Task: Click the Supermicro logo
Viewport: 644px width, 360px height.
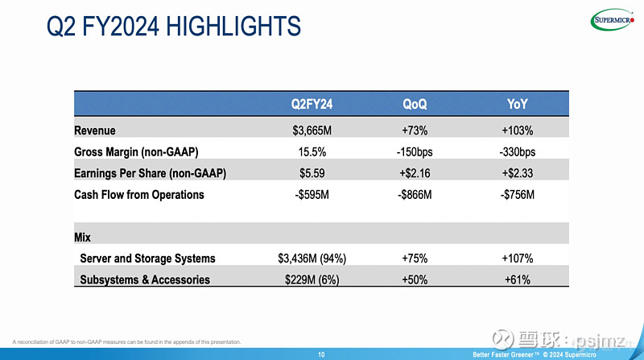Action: pos(614,20)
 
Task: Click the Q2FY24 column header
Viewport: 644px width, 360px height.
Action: pos(312,103)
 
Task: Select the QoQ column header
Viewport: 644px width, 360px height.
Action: pos(415,103)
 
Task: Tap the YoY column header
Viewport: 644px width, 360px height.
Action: pos(518,103)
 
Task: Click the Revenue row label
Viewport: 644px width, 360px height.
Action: pos(95,130)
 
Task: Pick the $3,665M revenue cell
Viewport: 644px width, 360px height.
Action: pos(312,130)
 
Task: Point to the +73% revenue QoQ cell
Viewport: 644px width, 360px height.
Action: pos(415,130)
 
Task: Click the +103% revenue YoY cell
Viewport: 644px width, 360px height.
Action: pos(518,130)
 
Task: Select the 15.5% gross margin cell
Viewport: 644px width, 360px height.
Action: pos(312,151)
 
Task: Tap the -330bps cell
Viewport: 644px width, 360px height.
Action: pos(518,151)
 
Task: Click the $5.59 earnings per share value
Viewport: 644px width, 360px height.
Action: pos(312,173)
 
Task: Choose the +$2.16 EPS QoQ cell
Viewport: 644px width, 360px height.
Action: pos(415,173)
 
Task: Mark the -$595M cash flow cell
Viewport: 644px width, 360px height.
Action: pos(312,195)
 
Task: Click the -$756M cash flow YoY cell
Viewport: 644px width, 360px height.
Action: pos(518,195)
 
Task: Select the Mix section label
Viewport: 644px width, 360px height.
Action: pos(82,238)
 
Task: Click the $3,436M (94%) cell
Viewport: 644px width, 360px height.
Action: pos(312,259)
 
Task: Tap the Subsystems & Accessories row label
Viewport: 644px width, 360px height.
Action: pos(145,280)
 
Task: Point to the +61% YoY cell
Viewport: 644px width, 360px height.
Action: pos(518,280)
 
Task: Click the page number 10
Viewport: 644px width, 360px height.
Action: pos(321,354)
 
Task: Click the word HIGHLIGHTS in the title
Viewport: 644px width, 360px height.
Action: pos(233,27)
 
